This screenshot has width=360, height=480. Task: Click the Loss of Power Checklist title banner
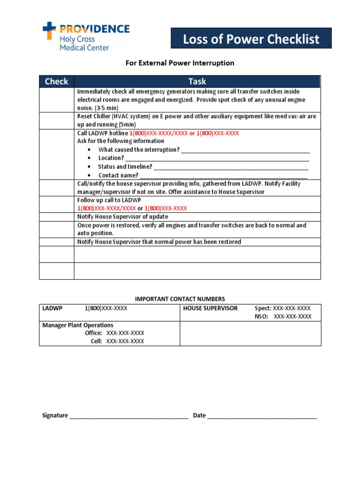click(251, 38)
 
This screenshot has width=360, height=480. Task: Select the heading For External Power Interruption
click(180, 63)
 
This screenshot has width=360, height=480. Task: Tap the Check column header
click(56, 82)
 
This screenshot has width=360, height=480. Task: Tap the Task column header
click(197, 82)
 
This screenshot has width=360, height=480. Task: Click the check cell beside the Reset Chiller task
click(56, 121)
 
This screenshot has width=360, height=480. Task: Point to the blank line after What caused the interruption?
click(245, 150)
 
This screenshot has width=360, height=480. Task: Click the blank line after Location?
click(217, 158)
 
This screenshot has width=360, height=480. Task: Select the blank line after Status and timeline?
click(231, 167)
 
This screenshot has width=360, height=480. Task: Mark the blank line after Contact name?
click(223, 175)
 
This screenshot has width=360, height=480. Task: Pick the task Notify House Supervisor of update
click(122, 217)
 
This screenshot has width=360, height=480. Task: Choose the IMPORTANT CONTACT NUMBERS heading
click(180, 299)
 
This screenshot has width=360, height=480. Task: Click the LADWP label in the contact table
click(52, 308)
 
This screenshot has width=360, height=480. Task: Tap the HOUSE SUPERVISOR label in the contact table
click(210, 308)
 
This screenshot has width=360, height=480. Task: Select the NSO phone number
click(292, 316)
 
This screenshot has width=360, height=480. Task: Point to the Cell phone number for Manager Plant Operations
click(125, 341)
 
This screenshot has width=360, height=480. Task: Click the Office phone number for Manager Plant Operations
click(125, 333)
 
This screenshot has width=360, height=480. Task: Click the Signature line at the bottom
click(129, 415)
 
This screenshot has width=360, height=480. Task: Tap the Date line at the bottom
click(262, 415)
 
